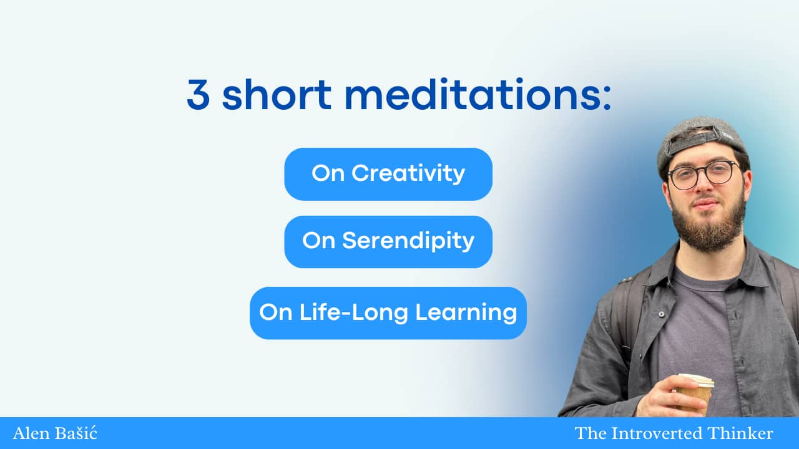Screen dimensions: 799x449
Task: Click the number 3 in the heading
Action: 198,94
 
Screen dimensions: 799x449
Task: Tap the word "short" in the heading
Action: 277,94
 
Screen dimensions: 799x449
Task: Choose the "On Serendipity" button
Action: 388,241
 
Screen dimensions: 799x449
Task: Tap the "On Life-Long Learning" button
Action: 388,313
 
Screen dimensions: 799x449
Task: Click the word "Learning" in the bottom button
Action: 466,313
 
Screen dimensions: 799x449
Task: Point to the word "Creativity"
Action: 408,173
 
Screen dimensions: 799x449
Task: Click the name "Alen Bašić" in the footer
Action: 55,433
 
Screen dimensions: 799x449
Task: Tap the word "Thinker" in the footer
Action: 740,433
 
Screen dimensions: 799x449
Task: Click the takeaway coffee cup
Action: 694,393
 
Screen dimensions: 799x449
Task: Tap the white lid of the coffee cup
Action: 695,380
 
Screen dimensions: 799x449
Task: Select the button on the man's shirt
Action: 661,314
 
